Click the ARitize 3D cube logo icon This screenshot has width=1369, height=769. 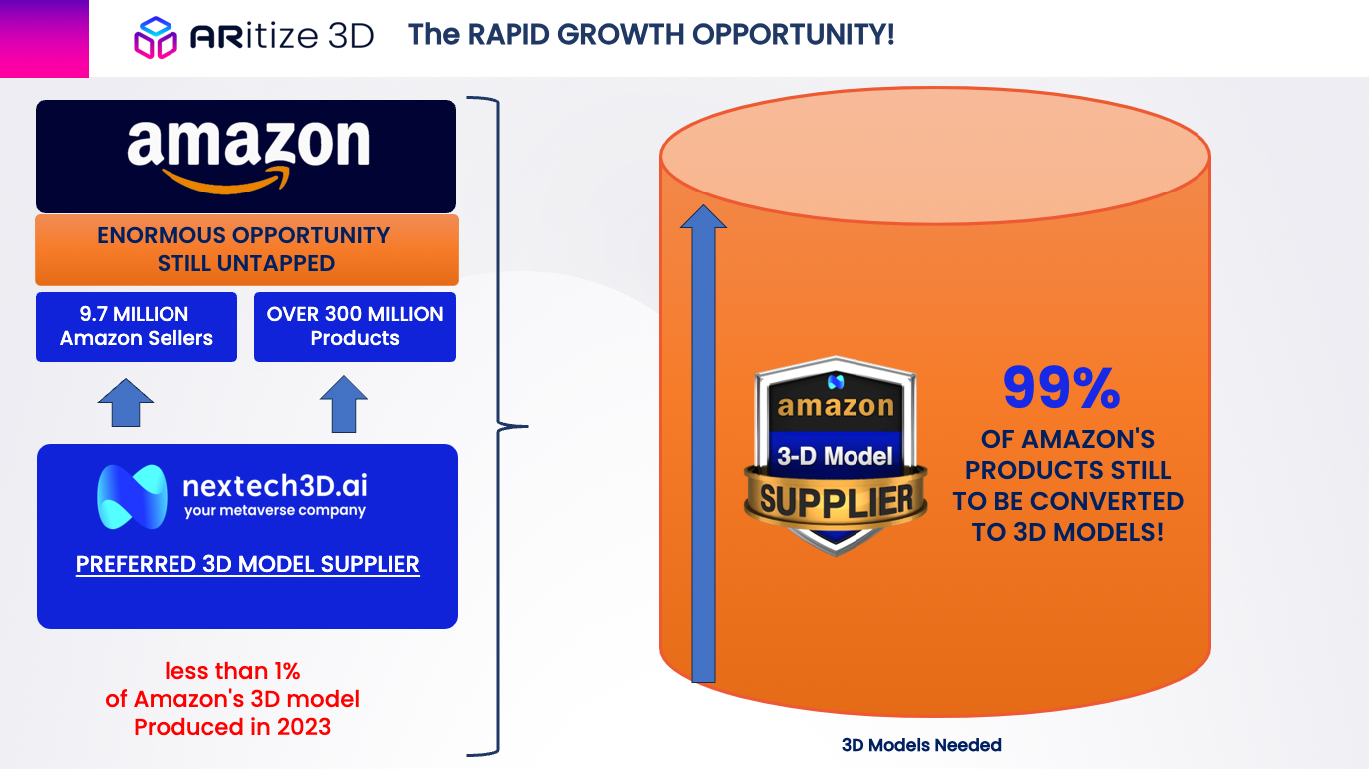[x=156, y=37]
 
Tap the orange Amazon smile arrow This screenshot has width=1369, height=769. [x=226, y=181]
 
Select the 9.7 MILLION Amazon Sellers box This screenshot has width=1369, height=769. [x=137, y=327]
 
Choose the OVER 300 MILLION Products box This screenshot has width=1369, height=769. [x=355, y=327]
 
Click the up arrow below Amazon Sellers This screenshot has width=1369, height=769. [x=126, y=402]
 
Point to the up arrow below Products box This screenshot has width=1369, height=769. [x=343, y=404]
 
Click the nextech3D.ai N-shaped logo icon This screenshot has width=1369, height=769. [x=132, y=497]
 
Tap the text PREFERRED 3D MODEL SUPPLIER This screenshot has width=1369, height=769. [x=247, y=564]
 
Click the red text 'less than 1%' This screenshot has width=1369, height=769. [x=232, y=671]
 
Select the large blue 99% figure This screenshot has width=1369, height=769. [x=1062, y=388]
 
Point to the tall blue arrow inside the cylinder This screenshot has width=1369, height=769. [x=704, y=444]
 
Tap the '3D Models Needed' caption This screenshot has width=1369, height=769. [x=921, y=745]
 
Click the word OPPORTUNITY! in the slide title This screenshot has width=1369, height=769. [x=794, y=34]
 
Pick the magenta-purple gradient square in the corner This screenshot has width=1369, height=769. [x=44, y=39]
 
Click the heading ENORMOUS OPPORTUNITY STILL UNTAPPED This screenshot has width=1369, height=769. [x=244, y=249]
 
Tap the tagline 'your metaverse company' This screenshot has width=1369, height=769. [x=275, y=511]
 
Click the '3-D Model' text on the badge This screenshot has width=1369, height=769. [x=835, y=456]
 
